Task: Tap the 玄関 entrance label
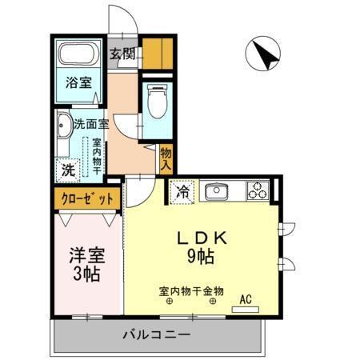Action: [122, 54]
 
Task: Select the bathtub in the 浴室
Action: [78, 55]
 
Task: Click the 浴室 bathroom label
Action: [78, 81]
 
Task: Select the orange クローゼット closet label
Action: [87, 198]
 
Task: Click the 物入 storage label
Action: [166, 158]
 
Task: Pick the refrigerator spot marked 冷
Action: [182, 192]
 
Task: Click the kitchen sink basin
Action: [216, 192]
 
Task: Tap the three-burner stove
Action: [257, 191]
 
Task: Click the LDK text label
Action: [203, 238]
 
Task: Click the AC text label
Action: [246, 299]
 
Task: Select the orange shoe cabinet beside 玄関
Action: [158, 51]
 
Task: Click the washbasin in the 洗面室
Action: [62, 128]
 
